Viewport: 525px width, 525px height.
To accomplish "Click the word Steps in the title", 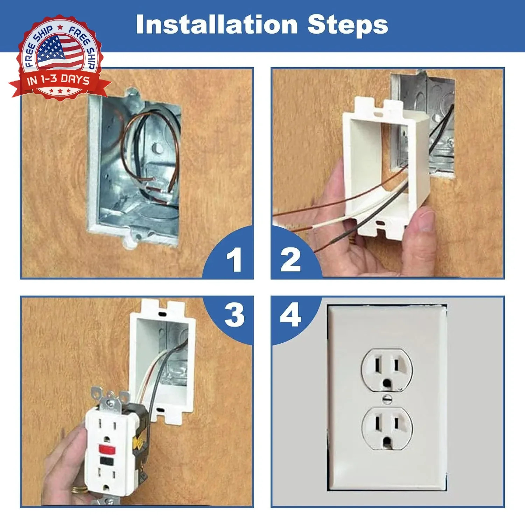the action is click(348, 25).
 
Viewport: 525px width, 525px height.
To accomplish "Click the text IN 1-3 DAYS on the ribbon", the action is click(58, 80).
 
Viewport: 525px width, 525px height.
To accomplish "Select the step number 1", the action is click(234, 259).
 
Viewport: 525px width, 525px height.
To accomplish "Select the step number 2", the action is click(290, 259).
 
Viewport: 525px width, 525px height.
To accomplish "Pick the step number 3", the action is click(234, 315).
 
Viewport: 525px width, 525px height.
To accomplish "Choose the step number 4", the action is click(290, 315).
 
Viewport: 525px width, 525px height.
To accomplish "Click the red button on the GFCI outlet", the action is click(107, 448).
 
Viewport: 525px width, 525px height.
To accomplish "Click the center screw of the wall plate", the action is click(387, 399).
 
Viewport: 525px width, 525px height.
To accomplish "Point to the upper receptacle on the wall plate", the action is click(387, 369).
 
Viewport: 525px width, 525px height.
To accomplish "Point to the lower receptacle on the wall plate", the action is click(387, 428).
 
